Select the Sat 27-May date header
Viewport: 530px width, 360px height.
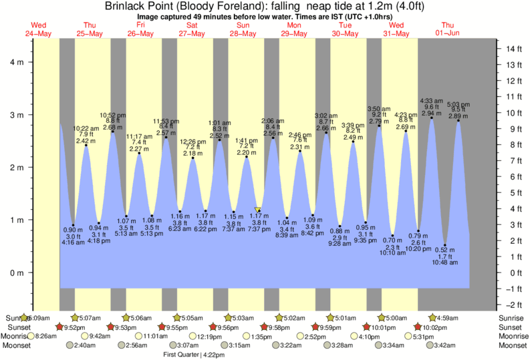(192, 29)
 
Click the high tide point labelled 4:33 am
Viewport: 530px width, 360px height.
(432, 118)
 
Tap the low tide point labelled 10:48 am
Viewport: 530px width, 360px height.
(445, 245)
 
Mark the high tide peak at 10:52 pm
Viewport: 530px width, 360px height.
(113, 132)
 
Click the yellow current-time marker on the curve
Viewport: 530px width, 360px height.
(258, 209)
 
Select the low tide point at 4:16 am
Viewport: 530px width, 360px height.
(73, 225)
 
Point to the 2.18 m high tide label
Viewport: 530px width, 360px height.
(193, 153)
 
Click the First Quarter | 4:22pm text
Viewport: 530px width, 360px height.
(194, 355)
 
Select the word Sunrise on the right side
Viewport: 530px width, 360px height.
(513, 317)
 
